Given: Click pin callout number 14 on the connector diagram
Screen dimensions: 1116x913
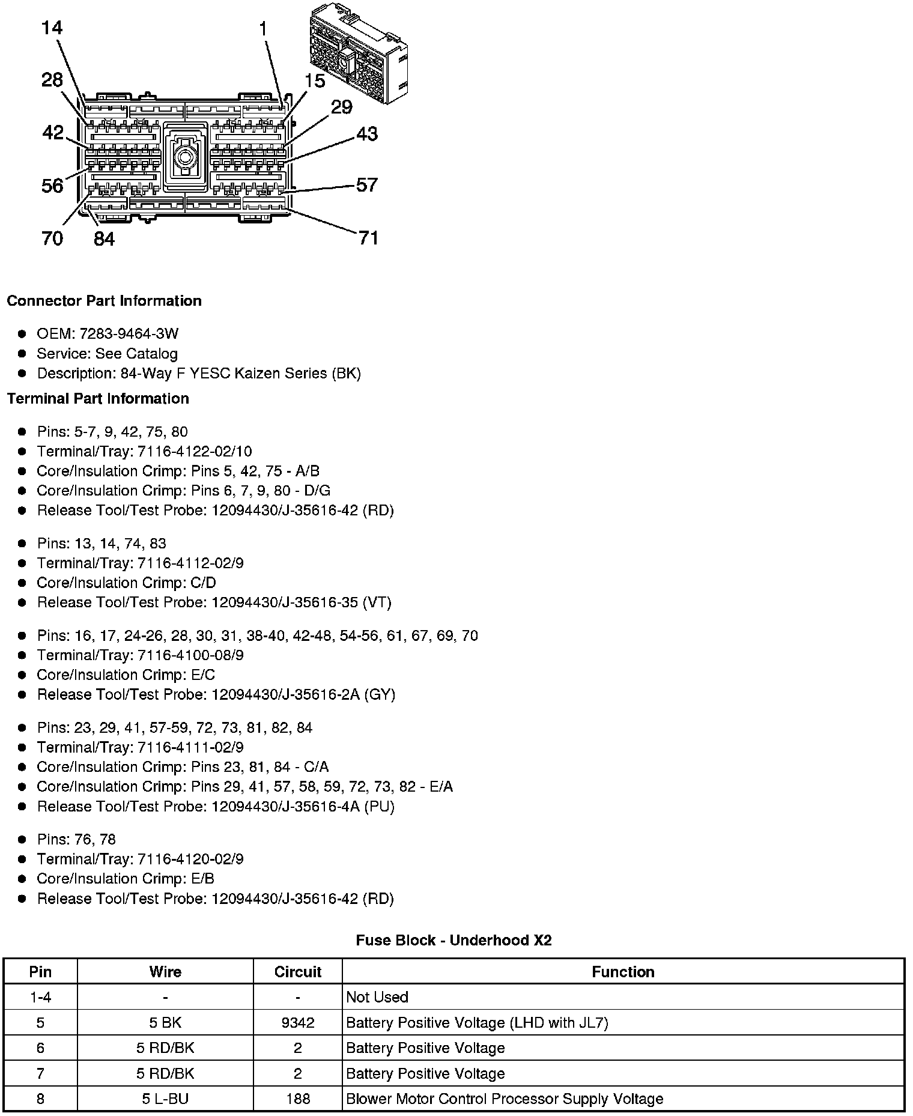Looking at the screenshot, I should tap(52, 28).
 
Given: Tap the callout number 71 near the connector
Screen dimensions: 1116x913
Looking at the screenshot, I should tap(368, 238).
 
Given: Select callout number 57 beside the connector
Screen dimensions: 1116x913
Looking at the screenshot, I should tap(366, 184).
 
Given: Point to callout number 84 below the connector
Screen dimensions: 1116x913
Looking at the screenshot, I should tap(104, 239).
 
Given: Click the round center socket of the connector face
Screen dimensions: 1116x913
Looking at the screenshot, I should tap(184, 159).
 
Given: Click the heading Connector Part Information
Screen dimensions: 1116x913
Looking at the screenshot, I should tap(104, 301).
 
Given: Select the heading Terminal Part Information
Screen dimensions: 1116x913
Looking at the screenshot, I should tap(98, 399).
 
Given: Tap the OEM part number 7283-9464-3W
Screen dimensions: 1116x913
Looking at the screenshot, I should tap(129, 334).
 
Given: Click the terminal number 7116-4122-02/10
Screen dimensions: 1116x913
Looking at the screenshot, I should tap(195, 452).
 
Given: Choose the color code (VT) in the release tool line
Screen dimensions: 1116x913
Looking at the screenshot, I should tap(377, 602).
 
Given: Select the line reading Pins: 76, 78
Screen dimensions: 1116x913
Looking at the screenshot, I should tap(76, 840).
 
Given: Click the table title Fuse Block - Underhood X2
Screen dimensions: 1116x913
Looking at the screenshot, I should tap(453, 941).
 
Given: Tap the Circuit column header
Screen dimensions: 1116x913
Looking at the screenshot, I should tap(297, 972).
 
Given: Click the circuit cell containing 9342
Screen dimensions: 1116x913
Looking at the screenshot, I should tap(297, 1023).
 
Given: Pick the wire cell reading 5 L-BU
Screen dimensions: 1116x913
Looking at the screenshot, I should tap(165, 1099).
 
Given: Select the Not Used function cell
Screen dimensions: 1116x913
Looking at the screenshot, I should tap(377, 997).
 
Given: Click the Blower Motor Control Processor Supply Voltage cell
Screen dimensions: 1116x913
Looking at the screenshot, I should tap(505, 1099).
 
